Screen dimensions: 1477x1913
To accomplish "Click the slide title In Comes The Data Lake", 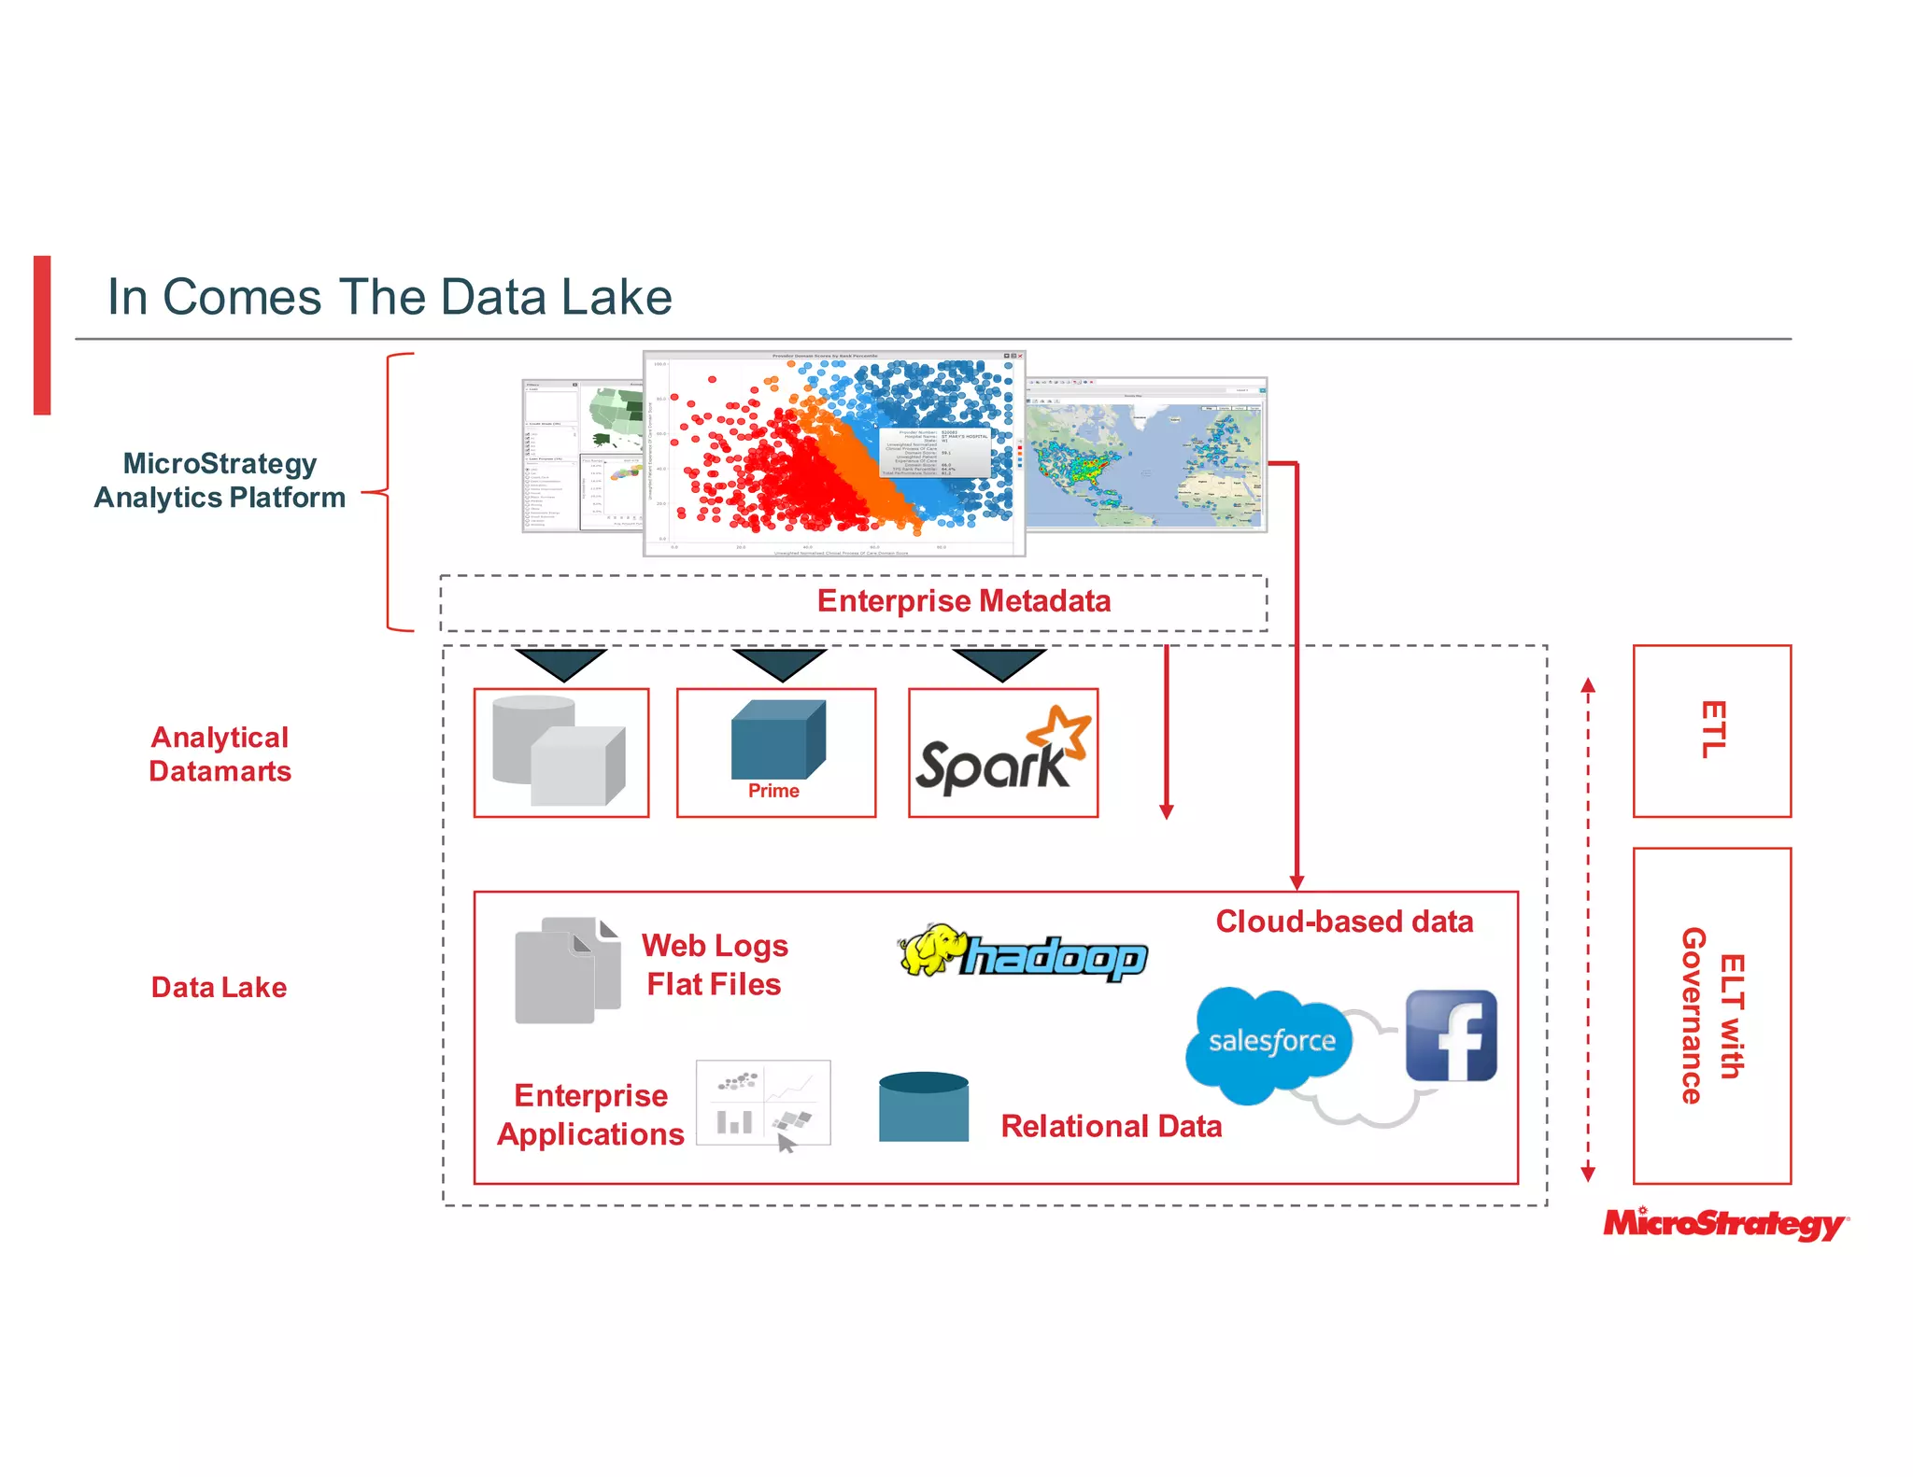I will coord(390,297).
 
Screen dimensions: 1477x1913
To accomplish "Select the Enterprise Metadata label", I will coord(963,601).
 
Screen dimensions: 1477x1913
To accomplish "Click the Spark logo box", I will coord(1003,753).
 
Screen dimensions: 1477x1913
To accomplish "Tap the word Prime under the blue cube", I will coord(773,791).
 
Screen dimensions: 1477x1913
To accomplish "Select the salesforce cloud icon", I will coord(1269,1041).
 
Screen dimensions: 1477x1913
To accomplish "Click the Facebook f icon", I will coord(1451,1035).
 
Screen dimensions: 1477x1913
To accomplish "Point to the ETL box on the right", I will coord(1711,730).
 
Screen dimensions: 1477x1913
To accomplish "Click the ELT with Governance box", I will coord(1711,1015).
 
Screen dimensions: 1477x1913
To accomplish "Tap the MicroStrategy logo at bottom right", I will coord(1724,1223).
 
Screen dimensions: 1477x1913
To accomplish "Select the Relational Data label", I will coord(1111,1126).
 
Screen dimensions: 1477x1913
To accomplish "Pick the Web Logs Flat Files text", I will coord(715,964).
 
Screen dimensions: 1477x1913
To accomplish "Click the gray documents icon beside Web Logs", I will coord(567,970).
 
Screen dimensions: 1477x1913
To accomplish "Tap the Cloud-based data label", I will coord(1343,921).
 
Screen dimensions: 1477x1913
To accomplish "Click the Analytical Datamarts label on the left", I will coord(220,754).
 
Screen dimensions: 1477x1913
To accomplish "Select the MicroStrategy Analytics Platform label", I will coord(220,481).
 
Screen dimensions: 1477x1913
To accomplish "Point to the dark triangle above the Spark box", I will coord(999,663).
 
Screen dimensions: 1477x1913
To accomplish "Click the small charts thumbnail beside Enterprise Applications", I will coord(762,1103).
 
